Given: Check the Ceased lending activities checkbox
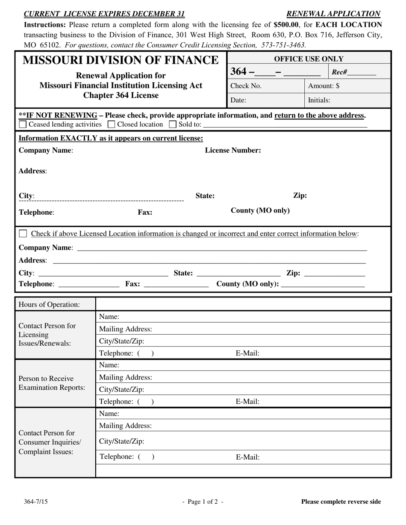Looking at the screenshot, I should coord(23,125).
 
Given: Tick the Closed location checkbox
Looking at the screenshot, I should coord(112,125).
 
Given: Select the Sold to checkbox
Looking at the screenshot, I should coord(173,125).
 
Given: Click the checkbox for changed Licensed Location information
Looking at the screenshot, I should coord(24,233).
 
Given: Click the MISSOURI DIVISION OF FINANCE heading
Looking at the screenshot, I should coord(121,60).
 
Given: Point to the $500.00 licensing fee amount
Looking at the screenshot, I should coord(286,25).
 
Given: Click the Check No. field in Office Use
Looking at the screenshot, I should coord(265,86).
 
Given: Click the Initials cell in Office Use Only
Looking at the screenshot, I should coord(347,100).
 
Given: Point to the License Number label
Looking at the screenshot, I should coord(233,150).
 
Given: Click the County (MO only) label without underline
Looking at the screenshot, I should coord(260,210).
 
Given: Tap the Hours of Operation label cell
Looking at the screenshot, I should coord(55,304).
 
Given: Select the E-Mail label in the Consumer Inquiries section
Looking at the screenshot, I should coord(247,457).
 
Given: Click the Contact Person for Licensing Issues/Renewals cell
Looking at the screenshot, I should coord(55,335).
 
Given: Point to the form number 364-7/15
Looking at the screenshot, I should coord(36,502).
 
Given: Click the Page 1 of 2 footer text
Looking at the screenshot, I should coord(203,502).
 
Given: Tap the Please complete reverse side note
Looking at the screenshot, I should coord(341,502).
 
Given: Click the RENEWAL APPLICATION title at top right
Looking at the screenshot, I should coord(333,14).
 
